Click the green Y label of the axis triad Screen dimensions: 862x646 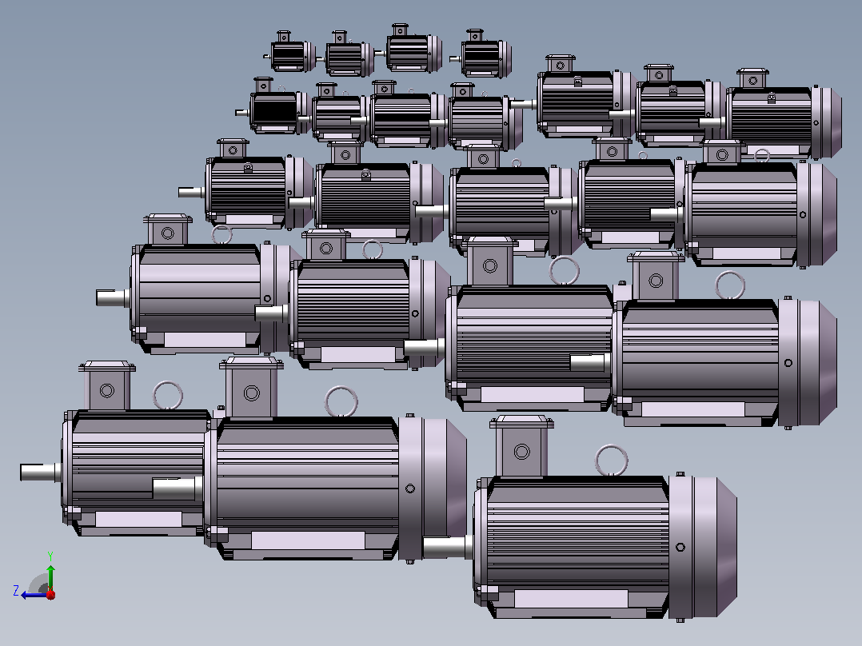click(x=50, y=556)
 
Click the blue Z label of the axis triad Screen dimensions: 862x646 click(x=16, y=591)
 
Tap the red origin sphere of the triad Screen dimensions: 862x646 click(x=50, y=594)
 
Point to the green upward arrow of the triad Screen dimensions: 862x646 click(x=50, y=577)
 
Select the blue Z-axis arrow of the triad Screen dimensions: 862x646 click(x=34, y=595)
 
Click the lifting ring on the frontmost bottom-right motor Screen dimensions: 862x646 click(x=611, y=461)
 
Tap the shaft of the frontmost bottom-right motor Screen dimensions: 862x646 click(x=446, y=547)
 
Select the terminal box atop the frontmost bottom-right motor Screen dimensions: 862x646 click(x=521, y=446)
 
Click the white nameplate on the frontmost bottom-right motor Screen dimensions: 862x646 click(x=571, y=599)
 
